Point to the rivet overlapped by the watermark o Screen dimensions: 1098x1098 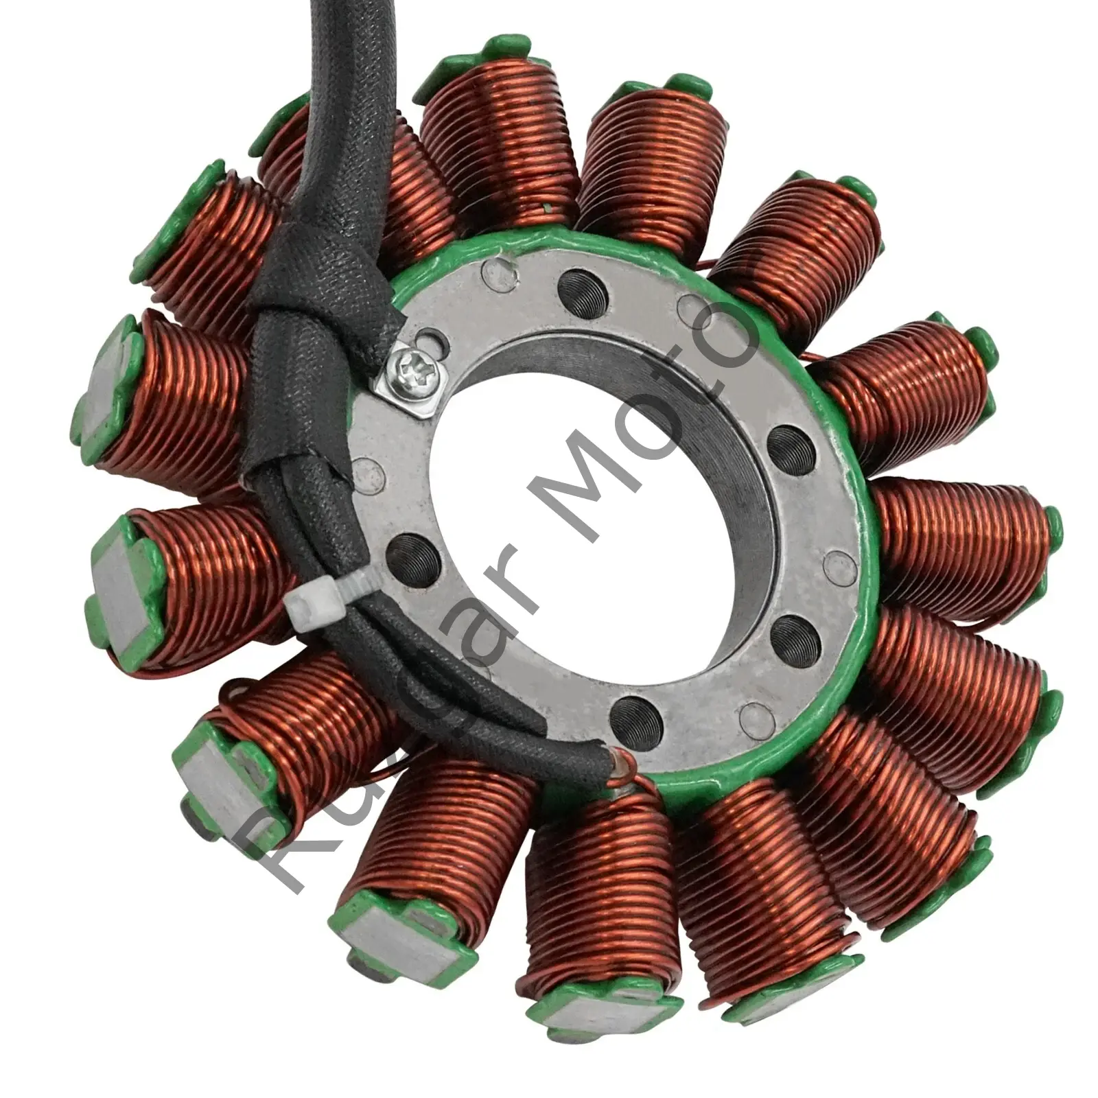pos(687,302)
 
